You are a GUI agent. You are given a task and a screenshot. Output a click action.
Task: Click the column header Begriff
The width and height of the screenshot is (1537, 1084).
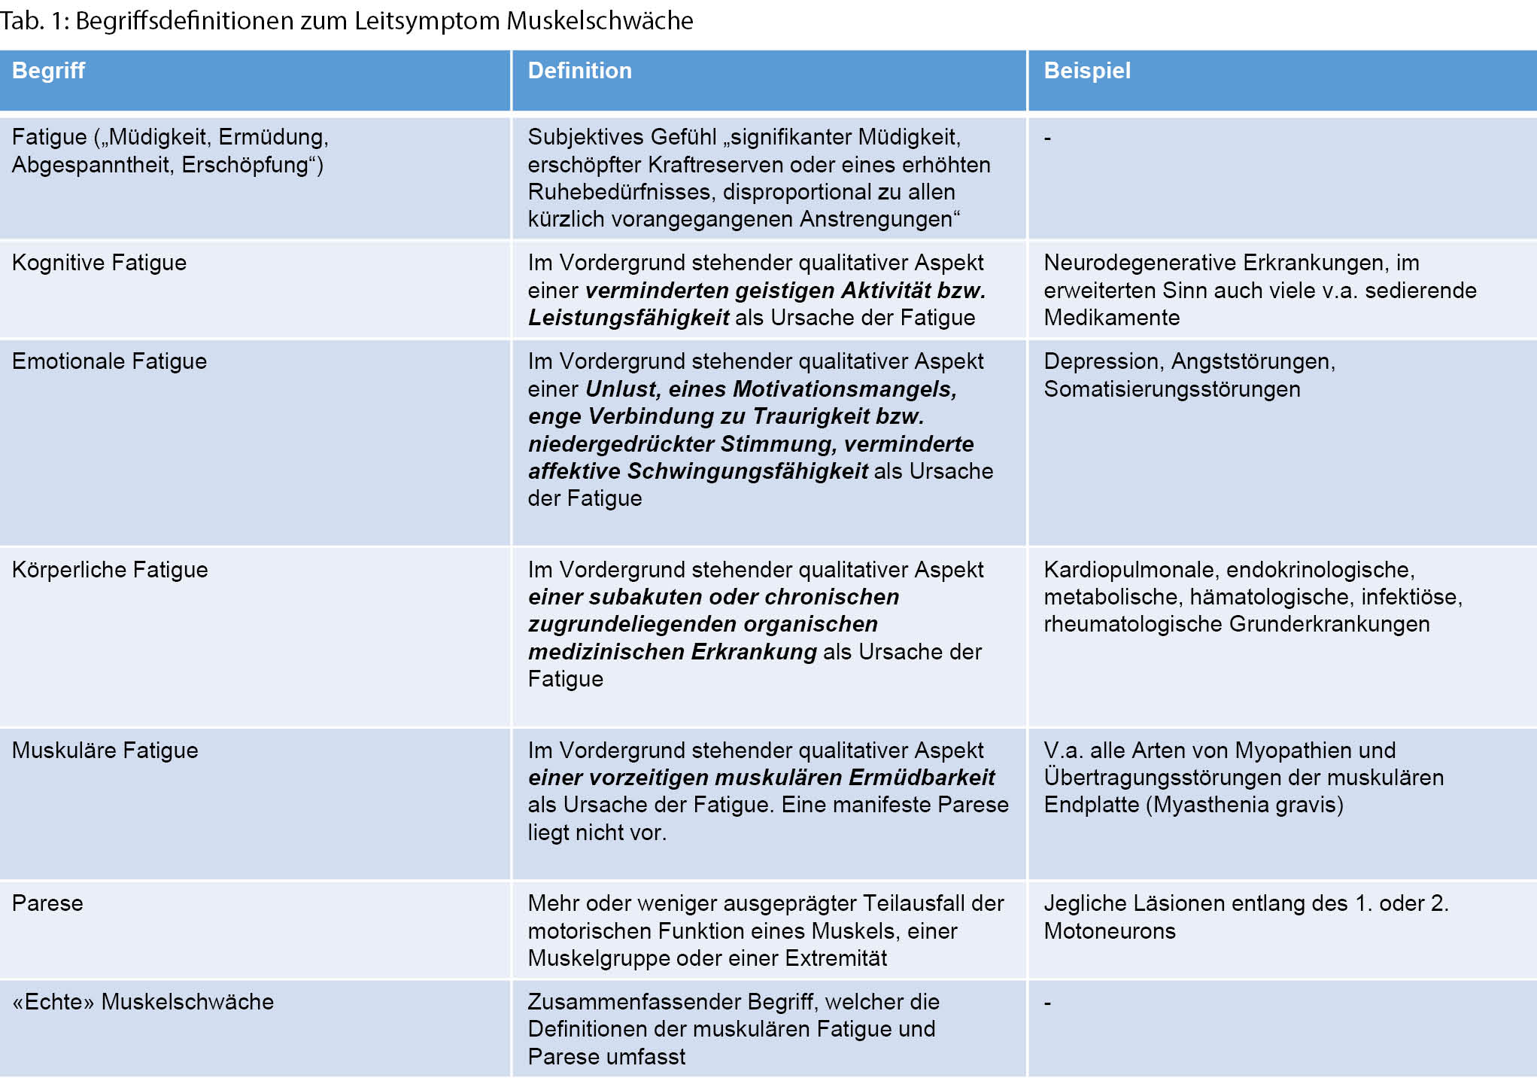tap(48, 71)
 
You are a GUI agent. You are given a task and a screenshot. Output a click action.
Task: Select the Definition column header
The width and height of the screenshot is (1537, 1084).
tap(579, 71)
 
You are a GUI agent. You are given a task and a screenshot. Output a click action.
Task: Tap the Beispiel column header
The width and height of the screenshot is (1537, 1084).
tap(1087, 71)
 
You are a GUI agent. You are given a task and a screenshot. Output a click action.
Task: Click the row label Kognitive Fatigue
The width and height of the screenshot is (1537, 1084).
tap(99, 263)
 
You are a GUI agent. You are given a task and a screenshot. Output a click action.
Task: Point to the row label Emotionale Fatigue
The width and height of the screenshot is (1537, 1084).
tap(109, 361)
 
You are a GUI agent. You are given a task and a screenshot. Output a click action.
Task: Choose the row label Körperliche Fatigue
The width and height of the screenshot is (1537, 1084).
tap(110, 570)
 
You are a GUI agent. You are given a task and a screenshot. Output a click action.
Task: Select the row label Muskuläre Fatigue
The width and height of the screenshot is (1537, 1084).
tap(105, 751)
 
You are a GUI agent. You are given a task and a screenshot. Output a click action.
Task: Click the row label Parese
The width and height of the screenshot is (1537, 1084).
tap(47, 903)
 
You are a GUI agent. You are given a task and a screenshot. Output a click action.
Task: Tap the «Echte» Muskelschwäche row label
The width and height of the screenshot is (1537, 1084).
tap(143, 1002)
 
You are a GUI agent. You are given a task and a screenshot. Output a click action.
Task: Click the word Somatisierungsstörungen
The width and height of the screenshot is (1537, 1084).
tap(1171, 389)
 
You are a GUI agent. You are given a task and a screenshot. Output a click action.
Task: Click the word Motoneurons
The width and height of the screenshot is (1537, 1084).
tap(1109, 931)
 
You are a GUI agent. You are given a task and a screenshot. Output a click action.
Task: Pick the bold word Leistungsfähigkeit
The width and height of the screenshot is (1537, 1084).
tap(628, 318)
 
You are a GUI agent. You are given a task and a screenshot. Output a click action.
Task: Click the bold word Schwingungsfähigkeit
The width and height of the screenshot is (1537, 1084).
tap(748, 471)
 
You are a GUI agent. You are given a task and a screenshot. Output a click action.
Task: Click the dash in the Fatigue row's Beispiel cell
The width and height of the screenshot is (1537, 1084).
tap(1047, 138)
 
